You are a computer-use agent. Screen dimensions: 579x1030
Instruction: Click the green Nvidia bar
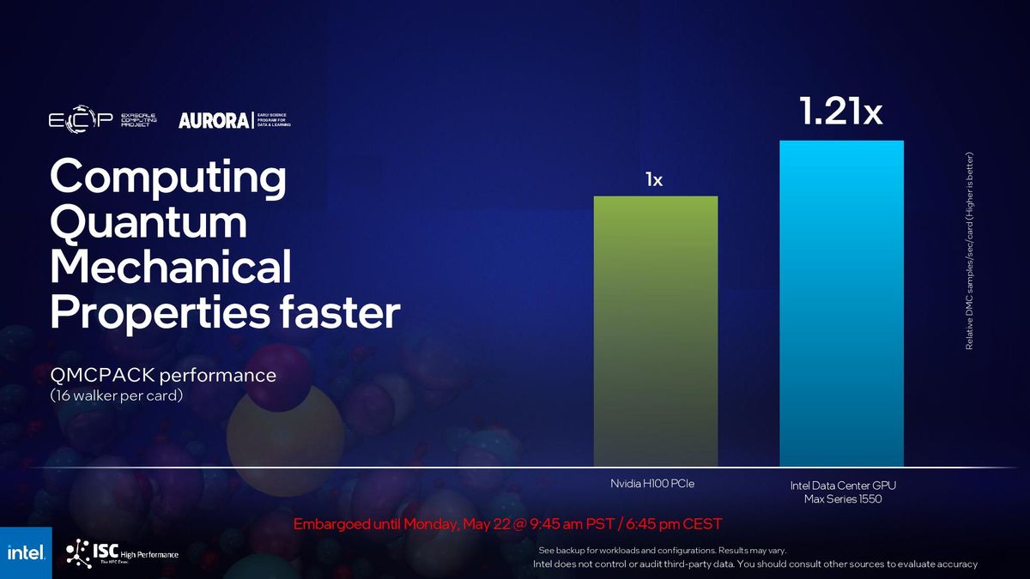pos(656,331)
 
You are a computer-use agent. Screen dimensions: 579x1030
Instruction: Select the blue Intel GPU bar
pos(841,304)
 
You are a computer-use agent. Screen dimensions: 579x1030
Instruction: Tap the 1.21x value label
pos(840,112)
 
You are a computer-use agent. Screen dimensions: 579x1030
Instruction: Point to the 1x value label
pos(654,180)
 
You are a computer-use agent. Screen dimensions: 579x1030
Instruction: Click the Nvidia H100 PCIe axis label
pos(651,484)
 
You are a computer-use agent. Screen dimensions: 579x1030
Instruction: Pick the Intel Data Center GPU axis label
pos(843,492)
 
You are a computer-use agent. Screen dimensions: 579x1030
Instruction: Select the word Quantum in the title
pos(148,224)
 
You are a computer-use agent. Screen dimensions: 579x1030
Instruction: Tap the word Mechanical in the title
pos(171,268)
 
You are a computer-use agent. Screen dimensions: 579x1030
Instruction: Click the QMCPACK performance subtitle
pos(163,376)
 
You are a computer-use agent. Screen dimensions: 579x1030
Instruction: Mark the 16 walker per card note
pos(118,395)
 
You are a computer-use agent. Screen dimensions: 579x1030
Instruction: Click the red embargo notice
pos(507,524)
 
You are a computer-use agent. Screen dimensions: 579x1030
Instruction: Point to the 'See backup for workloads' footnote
pos(661,550)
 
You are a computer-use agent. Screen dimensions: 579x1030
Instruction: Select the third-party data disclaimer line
pos(754,564)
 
